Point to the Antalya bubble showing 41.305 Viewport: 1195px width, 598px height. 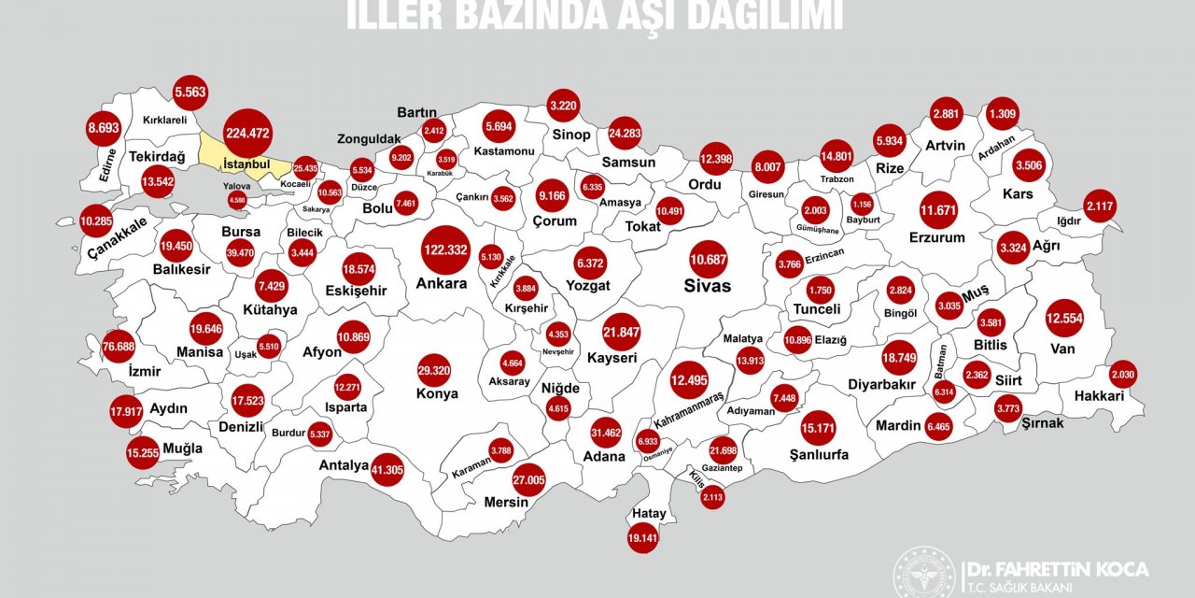(x=387, y=470)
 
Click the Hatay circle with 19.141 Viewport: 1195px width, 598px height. (x=643, y=537)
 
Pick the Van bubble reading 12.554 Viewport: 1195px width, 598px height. (x=1064, y=319)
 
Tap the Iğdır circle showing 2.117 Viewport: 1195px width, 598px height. (x=1100, y=206)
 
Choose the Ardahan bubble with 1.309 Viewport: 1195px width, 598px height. (x=1003, y=114)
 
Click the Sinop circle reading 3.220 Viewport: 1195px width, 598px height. (x=565, y=106)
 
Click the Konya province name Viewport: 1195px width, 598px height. (x=437, y=393)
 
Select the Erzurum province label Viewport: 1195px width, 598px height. (x=936, y=237)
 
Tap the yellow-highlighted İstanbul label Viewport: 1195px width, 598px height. (x=246, y=164)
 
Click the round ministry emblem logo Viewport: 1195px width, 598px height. (x=924, y=573)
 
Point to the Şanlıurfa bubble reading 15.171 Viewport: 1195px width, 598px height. (x=818, y=428)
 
